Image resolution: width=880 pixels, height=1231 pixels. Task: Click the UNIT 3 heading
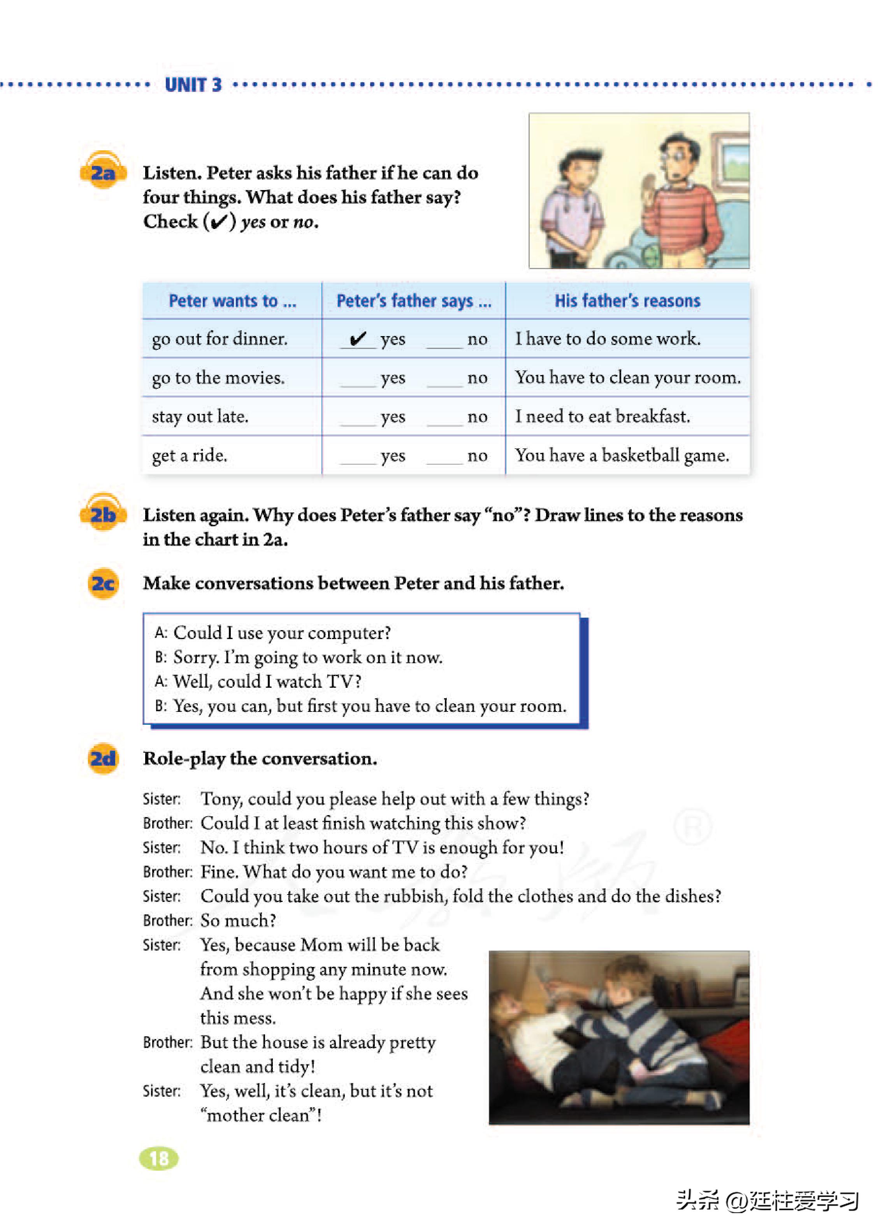pyautogui.click(x=193, y=85)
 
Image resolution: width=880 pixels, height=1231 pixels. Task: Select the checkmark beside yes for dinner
pyautogui.click(x=358, y=339)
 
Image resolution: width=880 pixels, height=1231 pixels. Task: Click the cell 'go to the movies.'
pyautogui.click(x=218, y=378)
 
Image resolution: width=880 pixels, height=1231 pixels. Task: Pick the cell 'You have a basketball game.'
pyautogui.click(x=622, y=455)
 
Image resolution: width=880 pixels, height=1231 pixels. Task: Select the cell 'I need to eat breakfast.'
pyautogui.click(x=602, y=416)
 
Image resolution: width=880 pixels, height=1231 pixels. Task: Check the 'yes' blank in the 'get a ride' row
pyautogui.click(x=358, y=457)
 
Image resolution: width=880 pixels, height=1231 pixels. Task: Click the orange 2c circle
pyautogui.click(x=103, y=583)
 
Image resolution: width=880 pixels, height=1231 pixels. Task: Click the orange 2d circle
pyautogui.click(x=103, y=758)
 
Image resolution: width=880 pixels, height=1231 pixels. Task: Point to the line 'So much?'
pyautogui.click(x=239, y=920)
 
